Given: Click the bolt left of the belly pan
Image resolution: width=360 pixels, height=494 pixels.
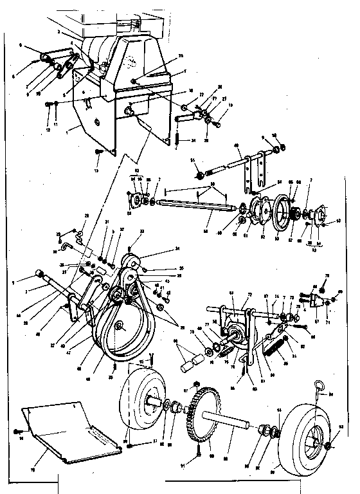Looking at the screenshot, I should [23, 431].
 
